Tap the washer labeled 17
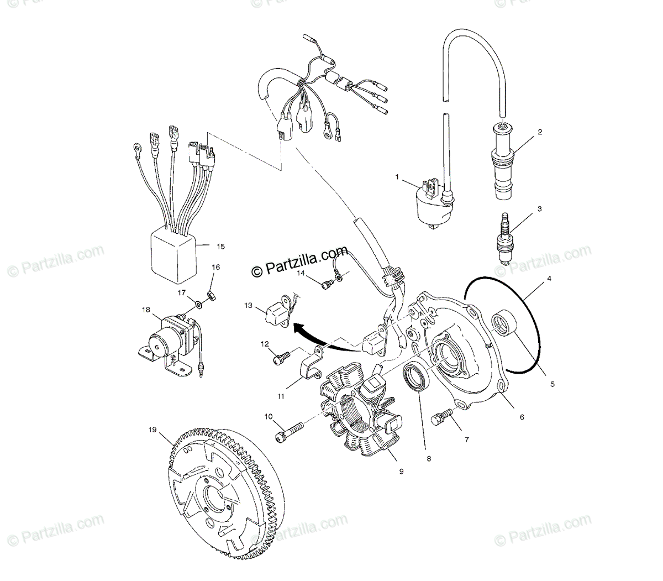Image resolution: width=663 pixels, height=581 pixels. [197, 303]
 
